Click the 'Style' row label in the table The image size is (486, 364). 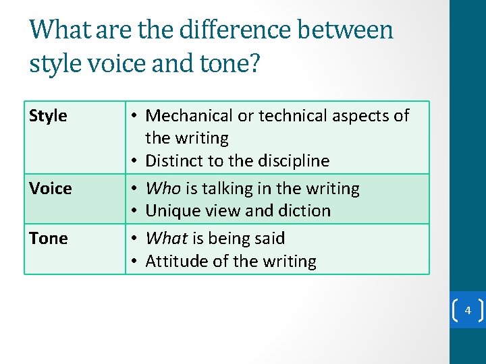49,116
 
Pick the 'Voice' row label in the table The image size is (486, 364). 51,188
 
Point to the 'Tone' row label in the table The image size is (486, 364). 49,238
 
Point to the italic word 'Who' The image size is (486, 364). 163,188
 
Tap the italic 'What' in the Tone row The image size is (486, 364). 167,238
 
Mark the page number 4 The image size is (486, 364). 467,311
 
